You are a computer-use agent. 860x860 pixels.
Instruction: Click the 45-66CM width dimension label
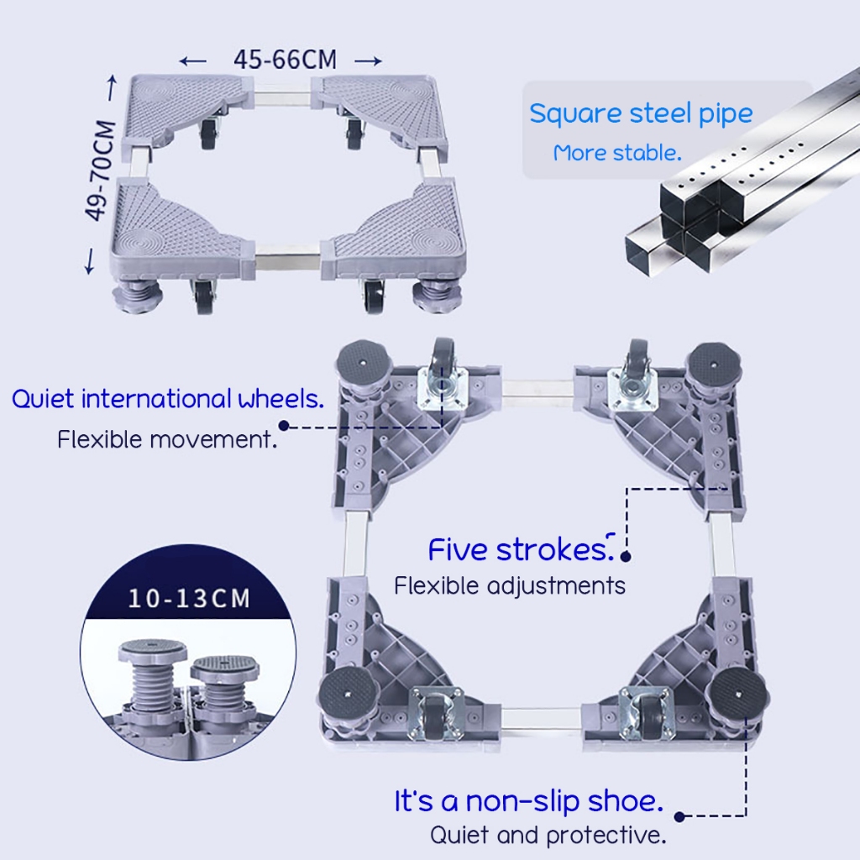click(x=285, y=60)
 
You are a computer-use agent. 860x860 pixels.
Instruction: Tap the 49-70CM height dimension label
click(x=101, y=170)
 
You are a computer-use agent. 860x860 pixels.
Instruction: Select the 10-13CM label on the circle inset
click(x=189, y=599)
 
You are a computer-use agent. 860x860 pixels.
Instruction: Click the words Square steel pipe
click(x=640, y=113)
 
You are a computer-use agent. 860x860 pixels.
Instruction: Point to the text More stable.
click(x=616, y=153)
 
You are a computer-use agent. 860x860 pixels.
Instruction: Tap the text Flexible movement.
click(x=167, y=438)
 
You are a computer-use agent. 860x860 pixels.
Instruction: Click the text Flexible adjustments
click(x=510, y=585)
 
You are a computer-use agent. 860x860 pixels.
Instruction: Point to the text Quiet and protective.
click(x=548, y=836)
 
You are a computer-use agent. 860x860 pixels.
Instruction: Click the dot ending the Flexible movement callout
click(x=284, y=426)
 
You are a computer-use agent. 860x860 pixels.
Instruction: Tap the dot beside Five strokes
click(x=625, y=554)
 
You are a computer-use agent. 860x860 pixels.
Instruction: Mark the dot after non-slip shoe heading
click(x=679, y=815)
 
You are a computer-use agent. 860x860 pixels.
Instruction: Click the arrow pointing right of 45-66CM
click(x=368, y=60)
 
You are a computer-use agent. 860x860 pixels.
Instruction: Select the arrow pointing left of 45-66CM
click(x=194, y=60)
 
